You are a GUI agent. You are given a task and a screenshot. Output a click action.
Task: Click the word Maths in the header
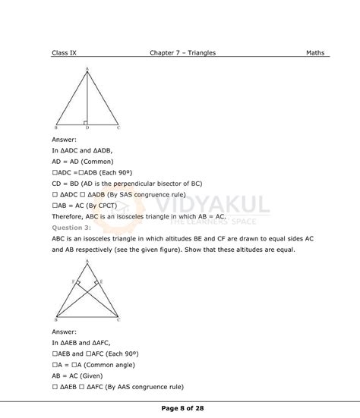[315, 53]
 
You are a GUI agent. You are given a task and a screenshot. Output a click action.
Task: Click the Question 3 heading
[71, 227]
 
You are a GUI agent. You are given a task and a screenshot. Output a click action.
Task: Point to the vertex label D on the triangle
[87, 129]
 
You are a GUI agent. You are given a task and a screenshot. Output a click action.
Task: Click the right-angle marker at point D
[86, 121]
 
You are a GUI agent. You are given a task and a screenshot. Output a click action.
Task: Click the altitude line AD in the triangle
[88, 99]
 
